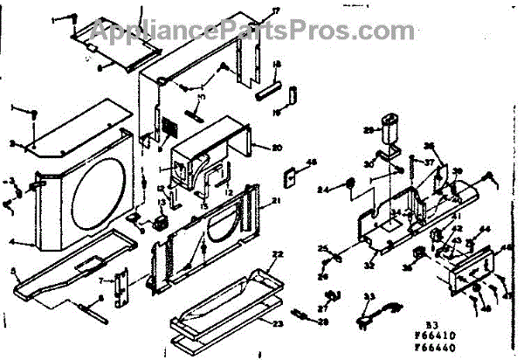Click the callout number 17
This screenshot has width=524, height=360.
252,10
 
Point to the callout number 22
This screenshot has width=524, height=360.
278,254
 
